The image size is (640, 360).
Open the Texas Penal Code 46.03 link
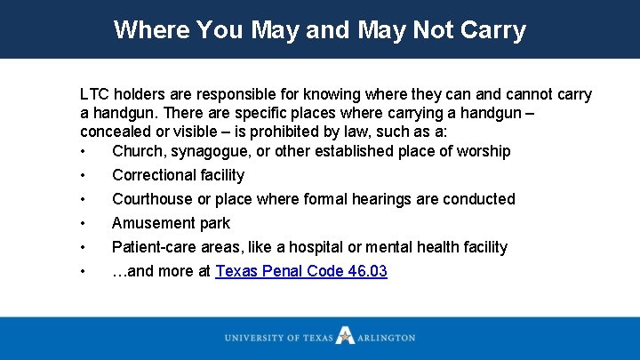[x=301, y=271]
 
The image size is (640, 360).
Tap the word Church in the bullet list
[x=137, y=151]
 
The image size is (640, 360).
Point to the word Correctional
[x=152, y=175]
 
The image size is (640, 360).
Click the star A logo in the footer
[x=344, y=337]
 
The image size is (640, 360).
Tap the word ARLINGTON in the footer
[x=387, y=338]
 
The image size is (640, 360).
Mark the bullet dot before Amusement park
[x=83, y=223]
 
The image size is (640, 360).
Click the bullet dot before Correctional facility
[x=83, y=175]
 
